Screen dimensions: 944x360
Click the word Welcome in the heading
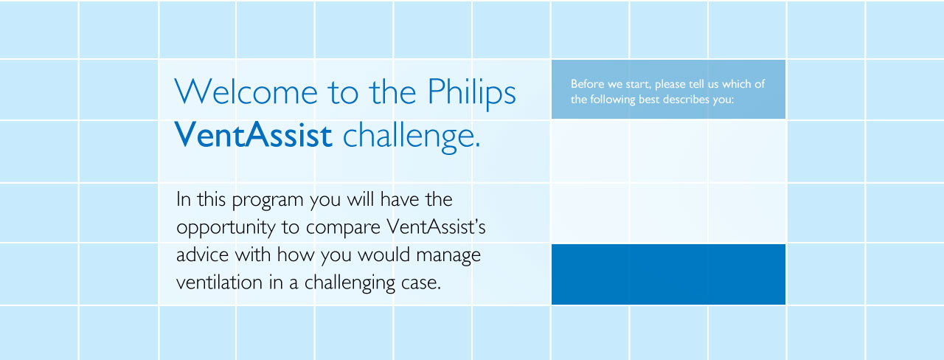(246, 91)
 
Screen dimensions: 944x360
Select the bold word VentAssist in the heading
(253, 134)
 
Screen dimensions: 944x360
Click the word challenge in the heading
(412, 136)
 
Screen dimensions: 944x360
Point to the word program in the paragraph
(268, 200)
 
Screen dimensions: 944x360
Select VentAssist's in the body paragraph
(436, 226)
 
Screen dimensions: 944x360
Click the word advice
(202, 255)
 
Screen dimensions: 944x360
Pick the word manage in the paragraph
(448, 256)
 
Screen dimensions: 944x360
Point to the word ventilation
(219, 282)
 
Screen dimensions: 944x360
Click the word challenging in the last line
(350, 283)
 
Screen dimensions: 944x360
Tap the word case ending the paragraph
(421, 283)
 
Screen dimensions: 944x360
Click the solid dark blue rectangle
(668, 274)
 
